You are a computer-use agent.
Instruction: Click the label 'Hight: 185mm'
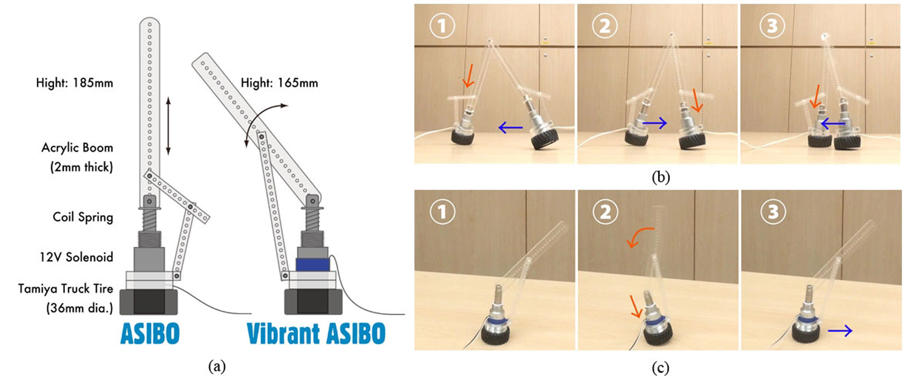click(74, 83)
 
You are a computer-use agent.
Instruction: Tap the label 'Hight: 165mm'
click(279, 83)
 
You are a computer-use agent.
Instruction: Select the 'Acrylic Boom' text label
click(77, 148)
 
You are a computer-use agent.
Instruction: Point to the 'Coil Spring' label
click(83, 217)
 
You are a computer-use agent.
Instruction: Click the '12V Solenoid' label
click(76, 257)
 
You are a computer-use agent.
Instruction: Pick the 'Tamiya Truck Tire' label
click(66, 289)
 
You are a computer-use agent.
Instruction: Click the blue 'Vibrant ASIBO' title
click(316, 333)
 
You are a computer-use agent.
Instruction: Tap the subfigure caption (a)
click(217, 366)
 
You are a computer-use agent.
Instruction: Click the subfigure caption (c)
click(660, 367)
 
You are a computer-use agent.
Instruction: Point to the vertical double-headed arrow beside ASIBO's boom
click(168, 126)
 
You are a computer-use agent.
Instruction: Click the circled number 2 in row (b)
click(605, 25)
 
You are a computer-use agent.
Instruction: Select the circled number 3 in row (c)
click(773, 212)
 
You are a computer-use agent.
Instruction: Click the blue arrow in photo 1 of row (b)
click(510, 127)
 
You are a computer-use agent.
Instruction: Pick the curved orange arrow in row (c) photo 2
click(640, 236)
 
